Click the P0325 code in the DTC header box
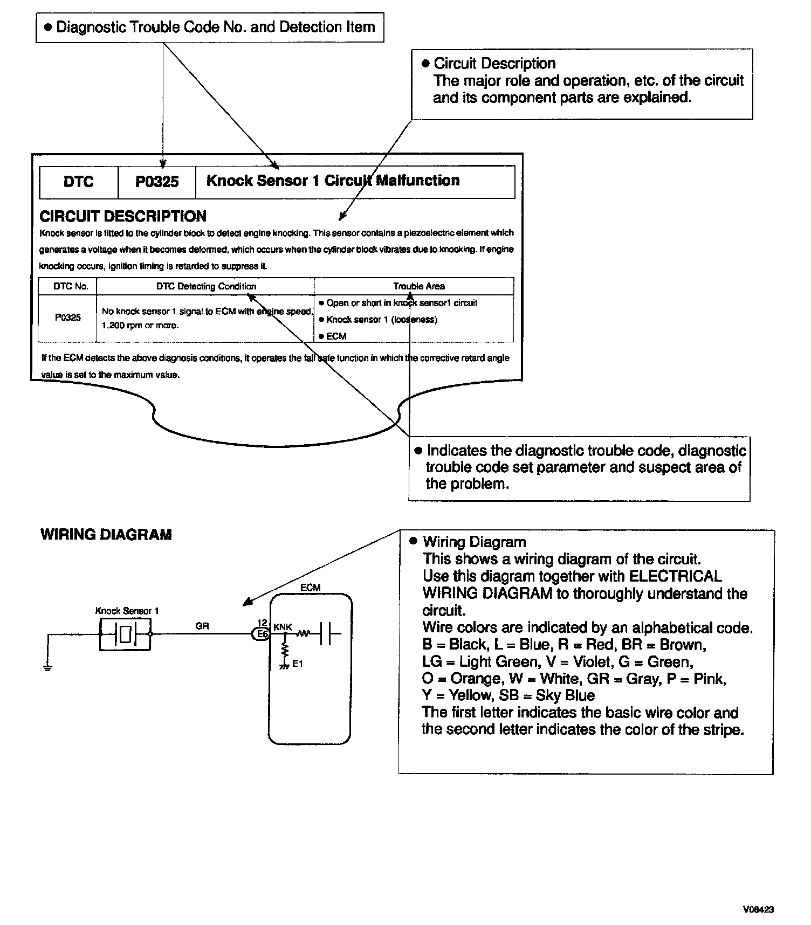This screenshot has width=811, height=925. coord(156,182)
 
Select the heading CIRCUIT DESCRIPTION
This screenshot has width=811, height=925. coord(123,217)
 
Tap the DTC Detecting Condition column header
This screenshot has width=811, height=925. coord(206,286)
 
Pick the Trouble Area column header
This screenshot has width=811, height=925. coord(418,286)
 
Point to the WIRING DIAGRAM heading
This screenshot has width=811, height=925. coord(106,535)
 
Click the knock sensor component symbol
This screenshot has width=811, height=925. coord(125,634)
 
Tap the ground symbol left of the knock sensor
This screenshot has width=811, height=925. coord(48,668)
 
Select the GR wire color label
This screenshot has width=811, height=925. coord(202,626)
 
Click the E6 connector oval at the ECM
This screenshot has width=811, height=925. coord(262,634)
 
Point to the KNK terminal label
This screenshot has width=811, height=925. coord(283,627)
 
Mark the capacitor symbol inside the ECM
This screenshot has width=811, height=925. coord(326,634)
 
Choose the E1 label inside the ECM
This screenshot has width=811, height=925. coord(298,664)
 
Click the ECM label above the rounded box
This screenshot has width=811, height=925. coord(311,588)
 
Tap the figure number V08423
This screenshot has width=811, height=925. coord(758,909)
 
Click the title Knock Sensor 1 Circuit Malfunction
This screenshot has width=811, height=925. coord(333,181)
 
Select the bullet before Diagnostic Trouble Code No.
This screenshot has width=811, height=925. coord(47,27)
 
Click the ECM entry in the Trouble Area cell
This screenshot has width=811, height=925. coord(336,336)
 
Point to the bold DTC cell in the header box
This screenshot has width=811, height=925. coord(78,182)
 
